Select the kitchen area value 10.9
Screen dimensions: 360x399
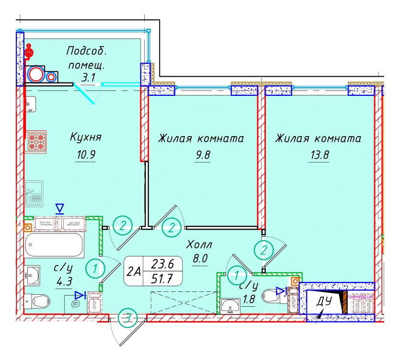click(85, 155)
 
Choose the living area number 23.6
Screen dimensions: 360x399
click(161, 264)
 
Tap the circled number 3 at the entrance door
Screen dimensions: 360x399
click(126, 317)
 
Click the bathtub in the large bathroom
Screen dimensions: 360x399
click(54, 245)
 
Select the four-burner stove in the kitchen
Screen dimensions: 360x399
click(36, 142)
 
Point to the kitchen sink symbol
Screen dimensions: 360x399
click(34, 193)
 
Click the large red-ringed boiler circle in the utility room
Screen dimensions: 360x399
click(35, 74)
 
